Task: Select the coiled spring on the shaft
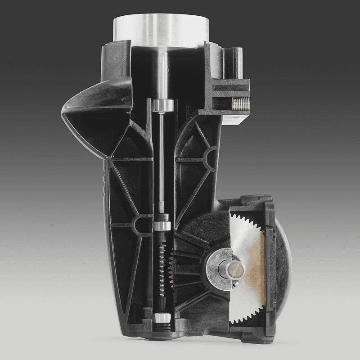point(162,270)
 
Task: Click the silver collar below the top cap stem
point(162,105)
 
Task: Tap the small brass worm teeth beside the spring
point(171,270)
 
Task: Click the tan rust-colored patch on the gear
point(257,265)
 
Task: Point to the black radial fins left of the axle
point(189,270)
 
